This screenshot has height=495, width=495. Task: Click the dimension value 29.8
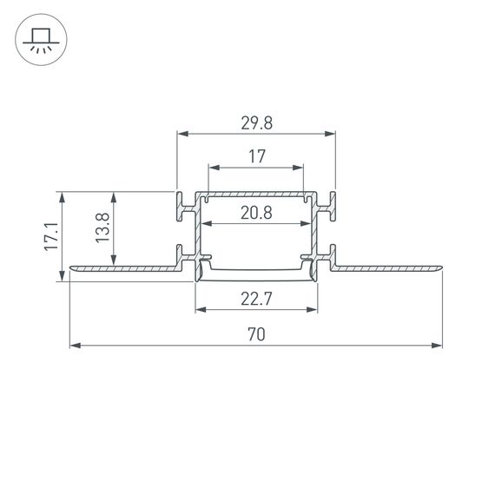pyautogui.click(x=256, y=123)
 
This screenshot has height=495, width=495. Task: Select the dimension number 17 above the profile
pyautogui.click(x=256, y=156)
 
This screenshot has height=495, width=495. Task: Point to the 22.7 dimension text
pyautogui.click(x=256, y=300)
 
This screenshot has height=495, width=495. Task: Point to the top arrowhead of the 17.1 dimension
pyautogui.click(x=62, y=196)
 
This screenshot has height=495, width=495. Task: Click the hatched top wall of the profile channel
pyautogui.click(x=256, y=195)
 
